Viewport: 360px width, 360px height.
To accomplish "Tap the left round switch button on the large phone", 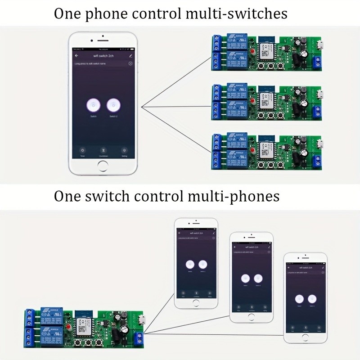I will click(93, 105).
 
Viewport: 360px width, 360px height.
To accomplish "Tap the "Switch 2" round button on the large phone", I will click(113, 105).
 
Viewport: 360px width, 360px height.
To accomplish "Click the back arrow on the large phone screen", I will click(76, 56).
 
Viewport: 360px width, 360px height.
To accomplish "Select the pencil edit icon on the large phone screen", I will click(130, 56).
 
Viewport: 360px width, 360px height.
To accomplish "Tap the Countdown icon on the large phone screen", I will click(103, 151).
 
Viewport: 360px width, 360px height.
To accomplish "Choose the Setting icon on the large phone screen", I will click(125, 151).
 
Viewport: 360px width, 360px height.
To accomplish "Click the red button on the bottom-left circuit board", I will click(68, 325).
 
